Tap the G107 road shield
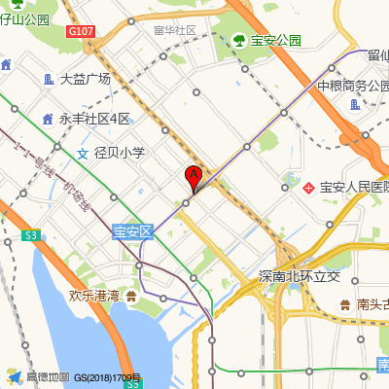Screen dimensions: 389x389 point(82,31)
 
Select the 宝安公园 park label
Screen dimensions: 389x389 point(276,41)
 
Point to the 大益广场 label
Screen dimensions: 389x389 point(85,79)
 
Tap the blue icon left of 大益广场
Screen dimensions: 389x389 point(49,79)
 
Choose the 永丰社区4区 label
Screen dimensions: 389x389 point(94,119)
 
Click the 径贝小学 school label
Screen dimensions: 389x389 point(119,153)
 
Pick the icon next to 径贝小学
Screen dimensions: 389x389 point(82,153)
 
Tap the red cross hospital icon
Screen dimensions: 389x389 point(309,186)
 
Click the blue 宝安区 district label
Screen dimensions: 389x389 point(133,231)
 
